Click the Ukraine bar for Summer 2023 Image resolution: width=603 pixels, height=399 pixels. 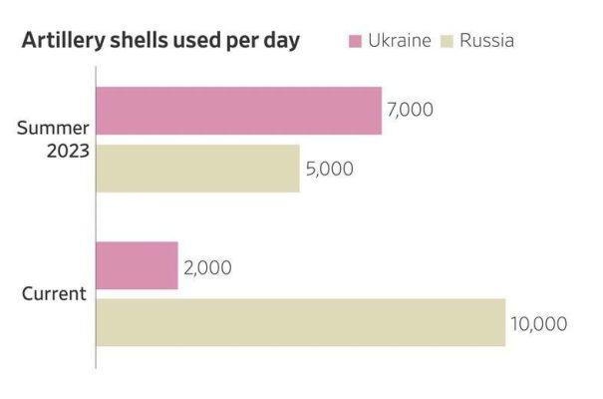pos(238,111)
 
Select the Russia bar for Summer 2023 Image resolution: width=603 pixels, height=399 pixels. pos(197,169)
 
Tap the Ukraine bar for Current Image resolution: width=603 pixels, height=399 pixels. pos(137,265)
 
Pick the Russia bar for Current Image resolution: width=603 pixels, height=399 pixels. pos(300,322)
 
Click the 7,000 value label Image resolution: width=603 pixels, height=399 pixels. pos(410,110)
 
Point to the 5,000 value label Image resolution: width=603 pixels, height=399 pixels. pos(328,169)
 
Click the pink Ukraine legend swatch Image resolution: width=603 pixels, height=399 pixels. pos(354,41)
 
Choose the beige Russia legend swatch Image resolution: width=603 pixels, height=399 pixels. pos(449,41)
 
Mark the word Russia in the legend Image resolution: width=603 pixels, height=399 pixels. pos(487,41)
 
